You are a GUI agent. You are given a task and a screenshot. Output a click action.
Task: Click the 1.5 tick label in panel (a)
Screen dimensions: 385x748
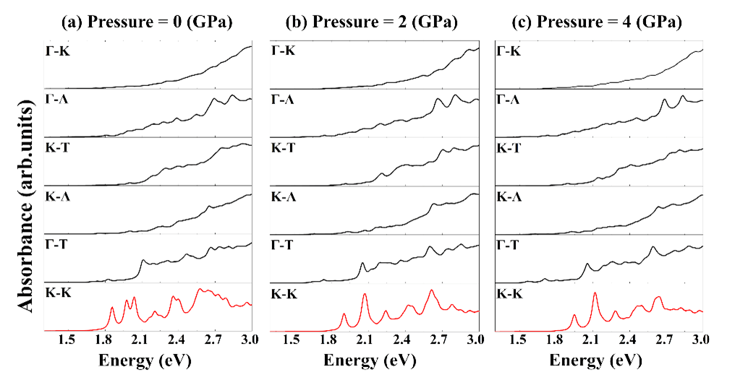[67, 340]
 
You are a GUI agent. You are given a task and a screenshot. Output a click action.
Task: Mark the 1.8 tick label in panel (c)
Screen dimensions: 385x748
[554, 340]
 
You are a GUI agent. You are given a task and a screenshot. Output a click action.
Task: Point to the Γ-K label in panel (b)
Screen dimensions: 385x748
[283, 51]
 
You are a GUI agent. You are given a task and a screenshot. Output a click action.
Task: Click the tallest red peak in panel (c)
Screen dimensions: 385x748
[595, 293]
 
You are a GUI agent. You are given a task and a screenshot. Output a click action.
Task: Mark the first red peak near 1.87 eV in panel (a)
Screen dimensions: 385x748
[112, 308]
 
